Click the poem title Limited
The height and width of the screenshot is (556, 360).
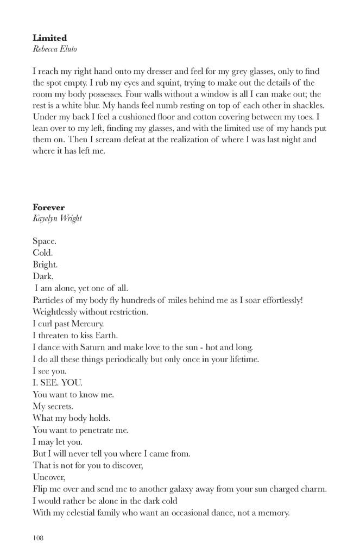click(x=49, y=38)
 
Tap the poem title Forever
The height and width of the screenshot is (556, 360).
click(x=48, y=207)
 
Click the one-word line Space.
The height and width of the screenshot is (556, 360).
click(x=45, y=241)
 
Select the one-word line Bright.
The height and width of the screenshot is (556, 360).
click(x=45, y=264)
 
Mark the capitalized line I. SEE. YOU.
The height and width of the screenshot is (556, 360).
click(x=57, y=383)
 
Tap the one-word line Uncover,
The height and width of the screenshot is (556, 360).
click(x=49, y=477)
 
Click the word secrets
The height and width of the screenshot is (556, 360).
click(x=60, y=406)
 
